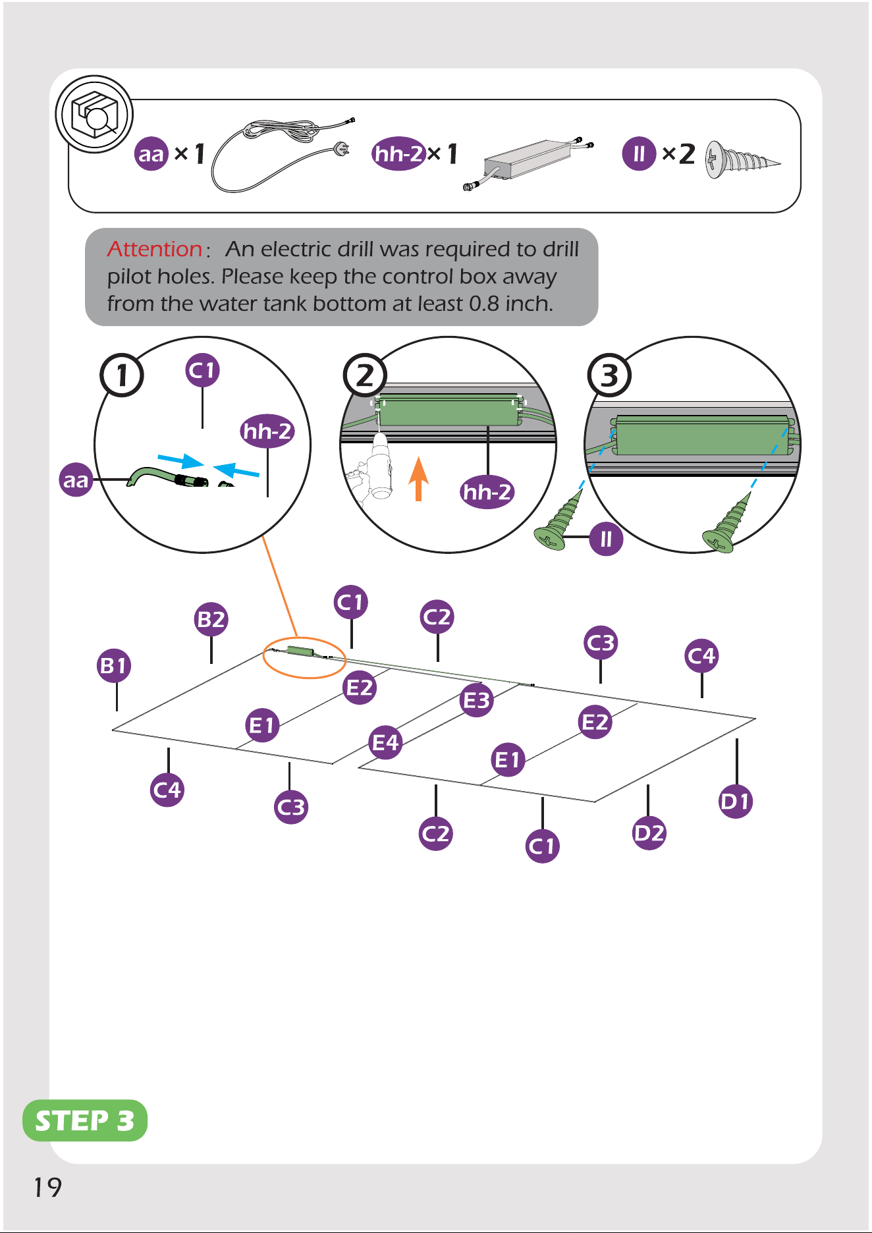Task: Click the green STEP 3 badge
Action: point(85,1120)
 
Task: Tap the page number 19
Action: point(47,1188)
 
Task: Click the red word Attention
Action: point(155,249)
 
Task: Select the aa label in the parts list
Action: point(151,154)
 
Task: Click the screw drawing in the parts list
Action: point(742,160)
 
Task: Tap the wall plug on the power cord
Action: point(342,148)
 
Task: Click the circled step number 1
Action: point(122,375)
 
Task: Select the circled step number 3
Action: point(609,375)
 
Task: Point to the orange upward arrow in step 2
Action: point(418,479)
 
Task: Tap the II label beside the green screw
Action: point(607,539)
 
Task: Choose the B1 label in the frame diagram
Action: point(114,666)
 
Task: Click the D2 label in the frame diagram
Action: point(649,833)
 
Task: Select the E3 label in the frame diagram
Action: point(476,700)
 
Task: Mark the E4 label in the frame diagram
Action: point(386,743)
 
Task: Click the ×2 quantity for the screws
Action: point(678,154)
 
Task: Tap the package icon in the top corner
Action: point(94,114)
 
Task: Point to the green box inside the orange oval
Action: point(301,651)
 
